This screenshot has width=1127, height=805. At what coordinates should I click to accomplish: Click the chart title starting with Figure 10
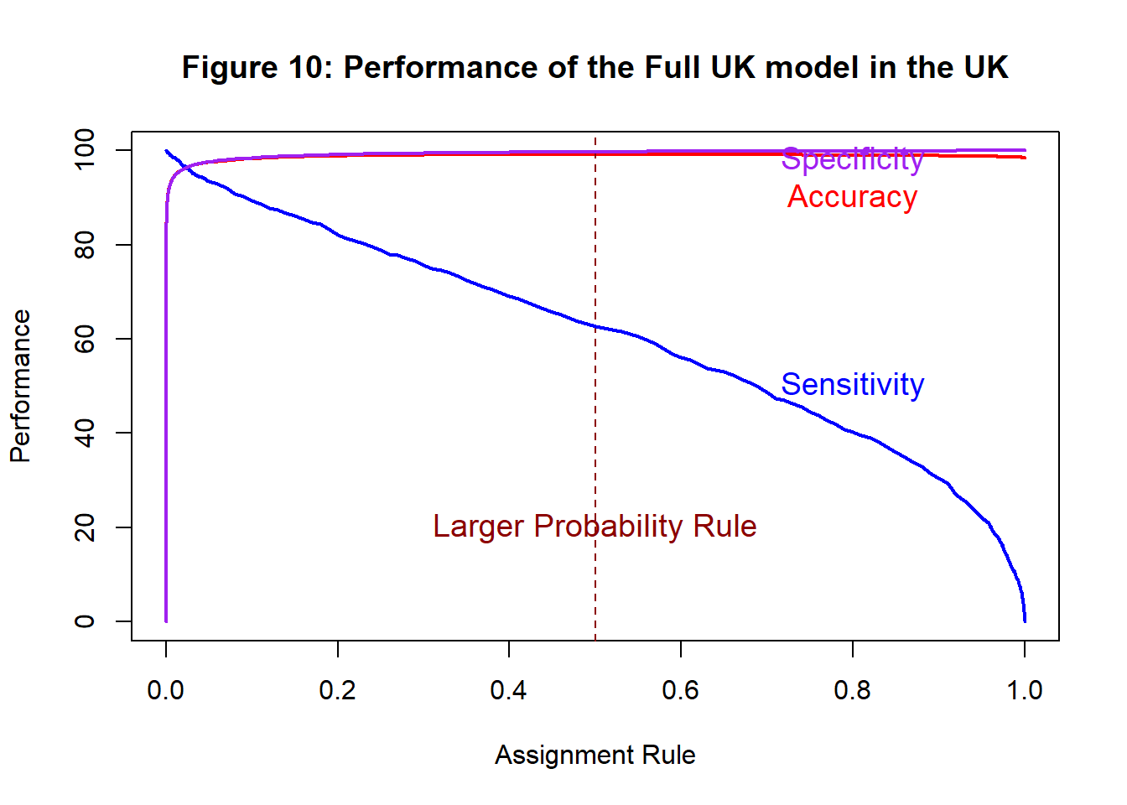pyautogui.click(x=595, y=67)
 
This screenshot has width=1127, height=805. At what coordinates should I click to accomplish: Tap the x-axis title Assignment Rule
pyautogui.click(x=595, y=755)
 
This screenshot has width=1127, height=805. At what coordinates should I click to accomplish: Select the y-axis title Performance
pyautogui.click(x=20, y=386)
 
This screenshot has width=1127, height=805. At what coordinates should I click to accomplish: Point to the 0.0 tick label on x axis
pyautogui.click(x=166, y=690)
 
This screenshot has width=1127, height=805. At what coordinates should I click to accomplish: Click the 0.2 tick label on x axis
pyautogui.click(x=337, y=690)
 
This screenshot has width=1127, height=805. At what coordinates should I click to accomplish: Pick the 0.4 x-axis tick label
pyautogui.click(x=509, y=690)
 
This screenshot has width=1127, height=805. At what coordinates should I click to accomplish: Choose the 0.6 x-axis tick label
pyautogui.click(x=680, y=690)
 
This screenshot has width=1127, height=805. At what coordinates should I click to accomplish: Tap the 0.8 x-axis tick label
pyautogui.click(x=852, y=690)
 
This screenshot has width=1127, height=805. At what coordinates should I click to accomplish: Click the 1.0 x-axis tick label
pyautogui.click(x=1024, y=690)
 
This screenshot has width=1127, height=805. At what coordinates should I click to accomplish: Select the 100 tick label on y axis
pyautogui.click(x=85, y=149)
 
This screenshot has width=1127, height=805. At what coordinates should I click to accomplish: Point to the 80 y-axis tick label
pyautogui.click(x=85, y=245)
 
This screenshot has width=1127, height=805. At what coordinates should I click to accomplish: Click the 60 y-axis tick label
pyautogui.click(x=85, y=339)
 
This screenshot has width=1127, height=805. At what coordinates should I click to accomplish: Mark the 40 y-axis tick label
pyautogui.click(x=85, y=433)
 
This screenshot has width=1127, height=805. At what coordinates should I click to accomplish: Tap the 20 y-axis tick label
pyautogui.click(x=85, y=527)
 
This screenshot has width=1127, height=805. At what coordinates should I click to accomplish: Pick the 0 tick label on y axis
pyautogui.click(x=85, y=621)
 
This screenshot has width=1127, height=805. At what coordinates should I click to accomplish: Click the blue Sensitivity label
pyautogui.click(x=852, y=384)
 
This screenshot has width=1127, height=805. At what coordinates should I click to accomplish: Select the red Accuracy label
pyautogui.click(x=852, y=197)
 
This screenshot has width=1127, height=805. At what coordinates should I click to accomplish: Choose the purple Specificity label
pyautogui.click(x=852, y=159)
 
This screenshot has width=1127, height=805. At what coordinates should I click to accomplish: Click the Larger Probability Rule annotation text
pyautogui.click(x=595, y=527)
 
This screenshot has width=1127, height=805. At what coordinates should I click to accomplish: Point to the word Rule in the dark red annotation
pyautogui.click(x=725, y=527)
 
